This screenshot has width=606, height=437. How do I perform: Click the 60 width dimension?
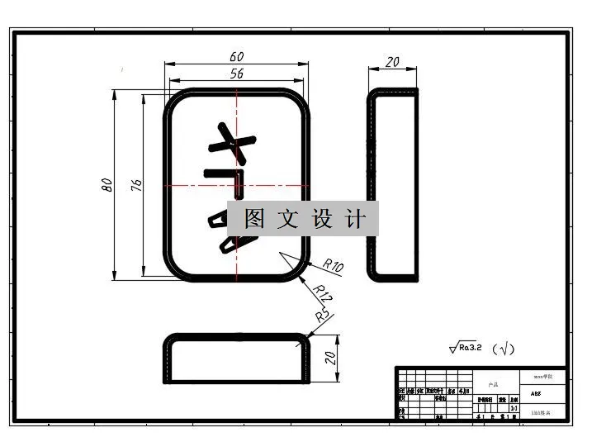[x=237, y=57]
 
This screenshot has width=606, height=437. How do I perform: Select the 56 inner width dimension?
[x=237, y=74]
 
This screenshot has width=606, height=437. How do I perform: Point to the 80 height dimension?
[x=107, y=185]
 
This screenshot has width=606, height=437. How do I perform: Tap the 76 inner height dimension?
[x=136, y=185]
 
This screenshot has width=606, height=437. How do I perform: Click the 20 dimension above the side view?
[x=393, y=62]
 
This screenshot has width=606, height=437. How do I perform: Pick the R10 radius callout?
[x=333, y=265]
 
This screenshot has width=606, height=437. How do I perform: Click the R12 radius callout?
[x=323, y=292]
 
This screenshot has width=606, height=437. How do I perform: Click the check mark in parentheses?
[x=503, y=349]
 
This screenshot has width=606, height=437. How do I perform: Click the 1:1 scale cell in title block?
[x=514, y=408]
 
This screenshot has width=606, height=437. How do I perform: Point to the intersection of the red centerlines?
[x=237, y=185]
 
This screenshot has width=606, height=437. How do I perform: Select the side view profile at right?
[x=393, y=185]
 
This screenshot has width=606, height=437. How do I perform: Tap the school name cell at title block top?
[x=542, y=376]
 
